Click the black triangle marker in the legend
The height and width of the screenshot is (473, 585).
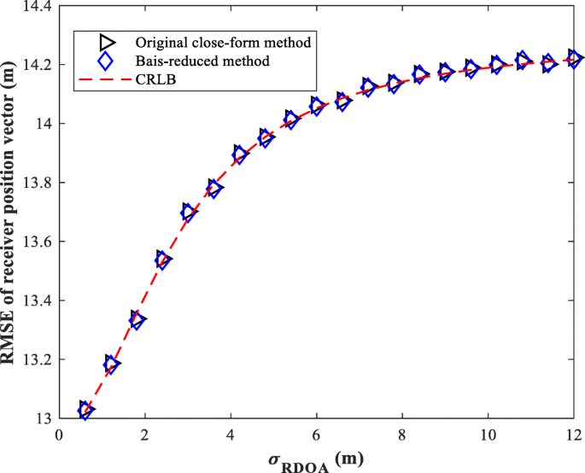(x=106, y=42)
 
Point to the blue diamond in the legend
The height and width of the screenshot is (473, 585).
(x=106, y=61)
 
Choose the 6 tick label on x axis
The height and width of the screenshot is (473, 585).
(x=317, y=434)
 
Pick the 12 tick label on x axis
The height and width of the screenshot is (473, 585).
(x=573, y=434)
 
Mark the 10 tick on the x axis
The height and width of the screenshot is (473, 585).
(x=488, y=434)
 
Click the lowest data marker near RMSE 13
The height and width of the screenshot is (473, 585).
(x=85, y=410)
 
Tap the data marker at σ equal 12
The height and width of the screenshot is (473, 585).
(x=574, y=59)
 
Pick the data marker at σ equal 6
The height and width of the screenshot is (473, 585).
(x=317, y=106)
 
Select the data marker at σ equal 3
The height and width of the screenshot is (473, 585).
(x=189, y=213)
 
